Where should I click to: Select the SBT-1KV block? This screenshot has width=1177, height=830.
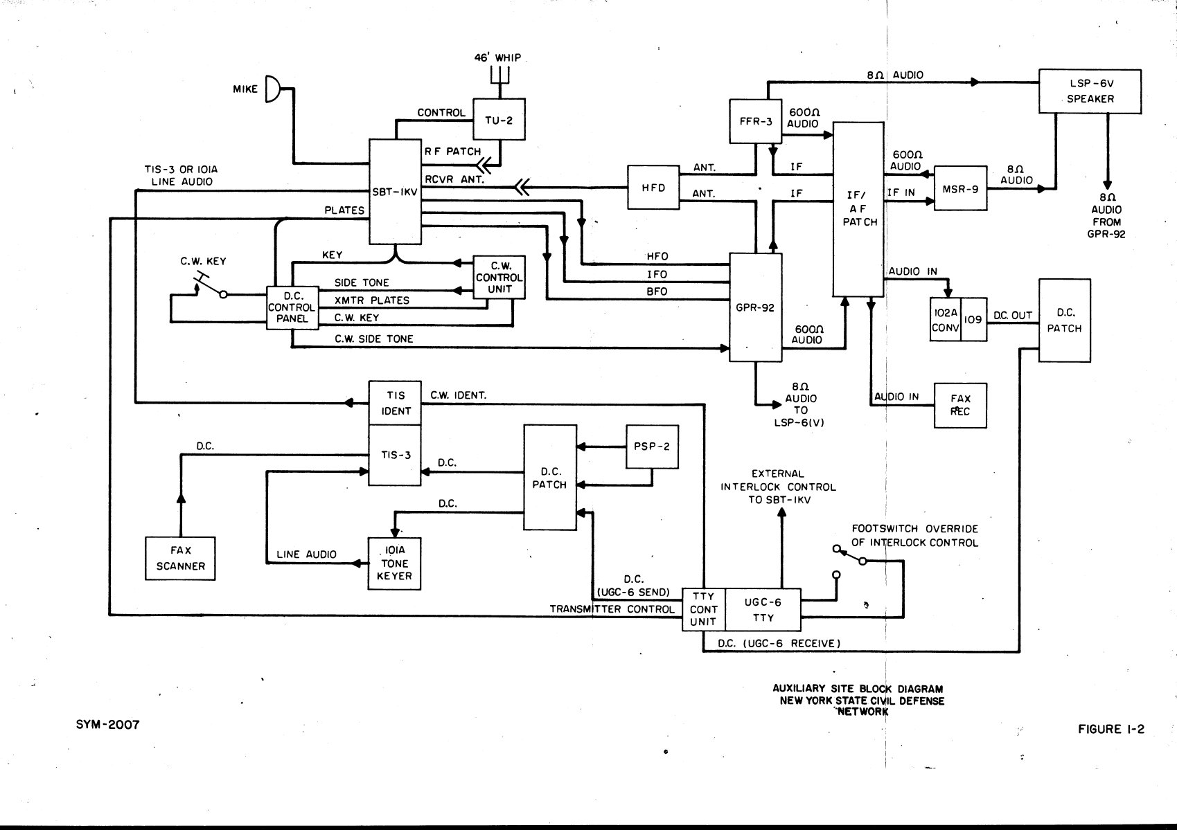coord(395,192)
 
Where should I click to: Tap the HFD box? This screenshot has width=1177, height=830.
coord(653,187)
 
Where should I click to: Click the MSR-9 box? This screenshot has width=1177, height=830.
coord(960,188)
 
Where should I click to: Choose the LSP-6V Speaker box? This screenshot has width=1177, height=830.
coord(1090,91)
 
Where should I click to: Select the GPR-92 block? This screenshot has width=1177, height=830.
coord(755,307)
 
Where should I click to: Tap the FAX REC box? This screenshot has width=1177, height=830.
coord(960,405)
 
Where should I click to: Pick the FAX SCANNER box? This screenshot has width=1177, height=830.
coord(180,558)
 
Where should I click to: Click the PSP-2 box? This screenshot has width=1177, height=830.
coord(651,446)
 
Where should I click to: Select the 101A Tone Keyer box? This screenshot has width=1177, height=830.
coord(394,563)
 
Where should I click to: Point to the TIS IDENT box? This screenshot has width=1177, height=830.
coord(395,403)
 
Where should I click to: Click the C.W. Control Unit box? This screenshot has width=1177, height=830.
coord(499,278)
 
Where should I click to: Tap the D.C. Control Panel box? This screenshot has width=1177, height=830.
coord(292,307)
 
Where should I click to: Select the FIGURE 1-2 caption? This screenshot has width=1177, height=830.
coord(1111,728)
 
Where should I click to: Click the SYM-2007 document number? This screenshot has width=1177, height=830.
coord(107,724)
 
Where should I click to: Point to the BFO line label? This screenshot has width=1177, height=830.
coord(657,291)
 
